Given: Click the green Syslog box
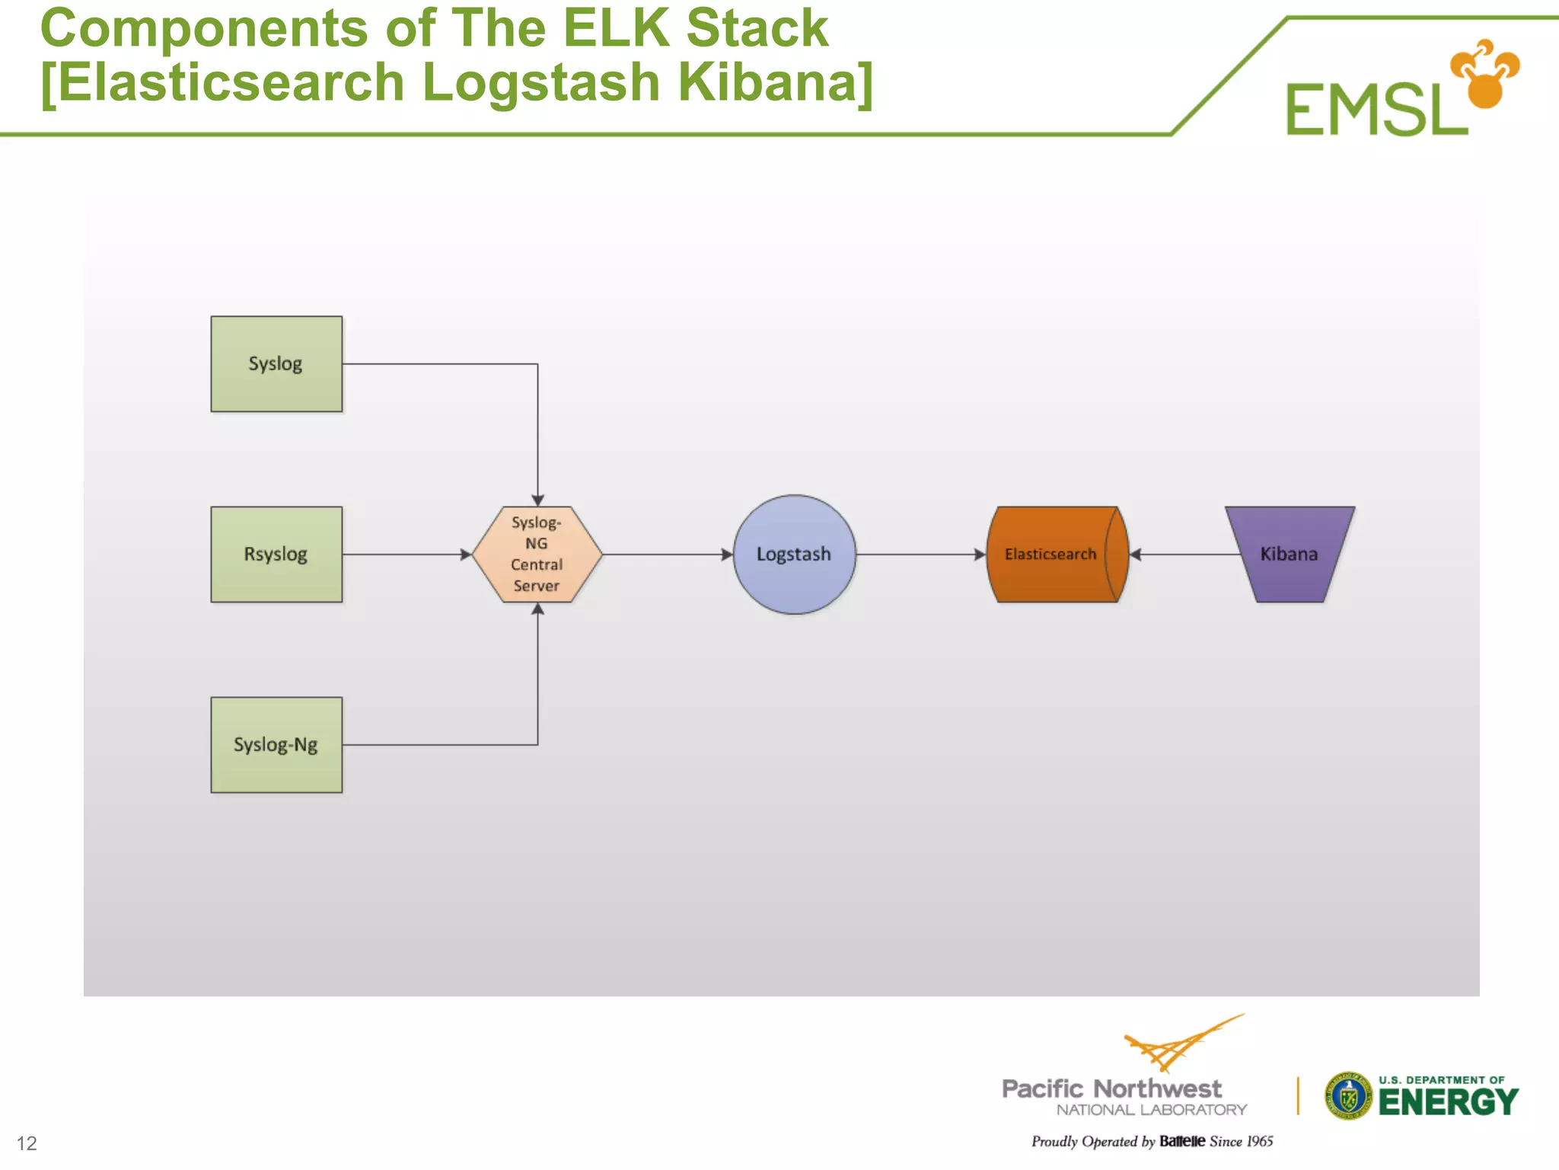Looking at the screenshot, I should click(276, 364).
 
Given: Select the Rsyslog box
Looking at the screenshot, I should click(276, 555).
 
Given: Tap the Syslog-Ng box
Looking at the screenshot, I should click(276, 745).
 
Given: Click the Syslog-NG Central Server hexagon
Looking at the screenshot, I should click(537, 555).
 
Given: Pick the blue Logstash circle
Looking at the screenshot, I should click(794, 555).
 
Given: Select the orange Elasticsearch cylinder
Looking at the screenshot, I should click(1054, 555).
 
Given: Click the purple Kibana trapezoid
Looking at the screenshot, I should click(1290, 555).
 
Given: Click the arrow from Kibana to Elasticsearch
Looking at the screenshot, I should click(1184, 555).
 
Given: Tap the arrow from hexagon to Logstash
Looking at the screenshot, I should click(666, 555).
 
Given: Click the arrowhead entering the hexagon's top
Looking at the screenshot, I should click(537, 500).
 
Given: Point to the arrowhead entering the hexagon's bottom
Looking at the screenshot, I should click(537, 609).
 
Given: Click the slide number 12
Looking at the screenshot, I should click(27, 1143).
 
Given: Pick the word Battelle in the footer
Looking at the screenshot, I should click(1181, 1141).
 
